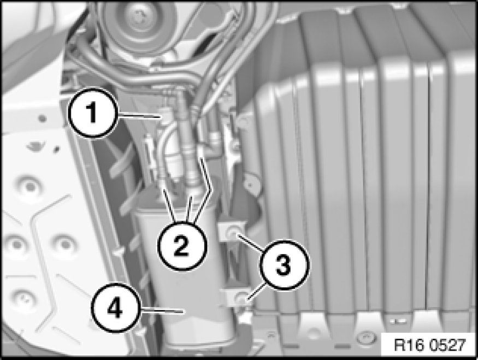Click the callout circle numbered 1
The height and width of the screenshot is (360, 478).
pyautogui.click(x=92, y=113)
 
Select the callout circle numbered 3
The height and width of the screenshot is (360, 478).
pyautogui.click(x=284, y=264)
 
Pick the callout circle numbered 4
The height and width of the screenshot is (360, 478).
pyautogui.click(x=115, y=308)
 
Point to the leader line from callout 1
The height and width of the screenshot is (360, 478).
pyautogui.click(x=139, y=115)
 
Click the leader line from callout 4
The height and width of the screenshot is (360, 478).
pyautogui.click(x=162, y=310)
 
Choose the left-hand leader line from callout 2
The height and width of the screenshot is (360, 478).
pyautogui.click(x=169, y=205)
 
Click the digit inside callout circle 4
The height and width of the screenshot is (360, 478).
pyautogui.click(x=115, y=308)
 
